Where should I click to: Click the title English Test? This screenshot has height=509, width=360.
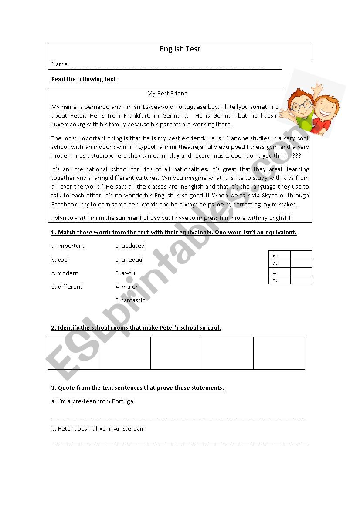tap(180, 49)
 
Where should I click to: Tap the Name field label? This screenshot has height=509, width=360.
tap(60, 64)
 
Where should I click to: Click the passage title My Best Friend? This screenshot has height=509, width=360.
tap(167, 93)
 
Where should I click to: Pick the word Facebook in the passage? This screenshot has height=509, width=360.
tap(64, 204)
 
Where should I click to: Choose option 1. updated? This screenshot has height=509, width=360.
tap(130, 246)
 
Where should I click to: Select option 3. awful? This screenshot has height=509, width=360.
tap(126, 273)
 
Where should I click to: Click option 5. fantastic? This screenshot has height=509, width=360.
tap(130, 300)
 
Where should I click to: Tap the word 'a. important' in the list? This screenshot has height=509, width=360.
tap(68, 246)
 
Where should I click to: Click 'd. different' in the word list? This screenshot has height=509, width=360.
tap(67, 287)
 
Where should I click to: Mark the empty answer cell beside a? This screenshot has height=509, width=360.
tap(301, 255)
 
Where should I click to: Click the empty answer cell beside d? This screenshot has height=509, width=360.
tap(301, 280)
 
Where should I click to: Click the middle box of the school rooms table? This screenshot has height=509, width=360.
tap(176, 353)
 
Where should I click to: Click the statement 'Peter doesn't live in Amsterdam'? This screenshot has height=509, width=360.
tap(99, 428)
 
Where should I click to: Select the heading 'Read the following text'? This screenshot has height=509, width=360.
tap(83, 79)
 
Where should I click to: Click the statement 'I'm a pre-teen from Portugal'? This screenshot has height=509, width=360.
tap(94, 401)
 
